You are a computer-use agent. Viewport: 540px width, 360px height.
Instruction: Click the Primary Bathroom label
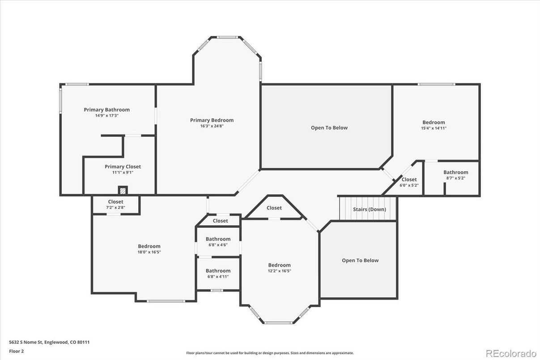pyautogui.click(x=106, y=110)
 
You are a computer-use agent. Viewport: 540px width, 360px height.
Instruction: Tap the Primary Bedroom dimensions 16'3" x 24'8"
pyautogui.click(x=212, y=126)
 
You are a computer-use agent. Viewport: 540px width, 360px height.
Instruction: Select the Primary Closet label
pyautogui.click(x=123, y=167)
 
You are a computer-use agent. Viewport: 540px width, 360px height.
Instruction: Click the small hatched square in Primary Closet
pyautogui.click(x=123, y=190)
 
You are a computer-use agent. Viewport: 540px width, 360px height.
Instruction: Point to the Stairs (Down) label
pyautogui.click(x=369, y=209)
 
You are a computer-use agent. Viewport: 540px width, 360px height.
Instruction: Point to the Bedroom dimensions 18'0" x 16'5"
pyautogui.click(x=149, y=252)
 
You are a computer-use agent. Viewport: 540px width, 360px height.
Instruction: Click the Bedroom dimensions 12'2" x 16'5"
pyautogui.click(x=279, y=271)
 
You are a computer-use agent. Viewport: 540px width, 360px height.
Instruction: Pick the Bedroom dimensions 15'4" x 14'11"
pyautogui.click(x=434, y=128)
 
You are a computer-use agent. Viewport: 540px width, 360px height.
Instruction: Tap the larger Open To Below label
pyautogui.click(x=329, y=128)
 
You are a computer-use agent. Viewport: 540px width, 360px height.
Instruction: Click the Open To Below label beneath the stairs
pyautogui.click(x=360, y=261)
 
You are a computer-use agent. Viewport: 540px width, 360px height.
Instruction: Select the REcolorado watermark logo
pyautogui.click(x=510, y=352)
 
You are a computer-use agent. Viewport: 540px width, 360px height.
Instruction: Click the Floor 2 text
pyautogui.click(x=17, y=351)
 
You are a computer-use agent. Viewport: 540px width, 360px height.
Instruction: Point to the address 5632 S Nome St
pyautogui.click(x=49, y=342)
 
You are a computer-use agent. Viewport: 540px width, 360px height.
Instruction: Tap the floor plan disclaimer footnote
pyautogui.click(x=270, y=353)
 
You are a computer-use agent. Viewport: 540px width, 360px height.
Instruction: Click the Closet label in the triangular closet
pyautogui.click(x=274, y=208)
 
